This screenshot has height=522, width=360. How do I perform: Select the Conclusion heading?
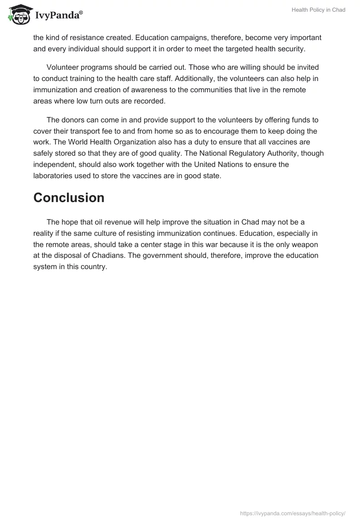69,198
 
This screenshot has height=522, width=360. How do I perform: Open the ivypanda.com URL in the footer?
293,513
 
